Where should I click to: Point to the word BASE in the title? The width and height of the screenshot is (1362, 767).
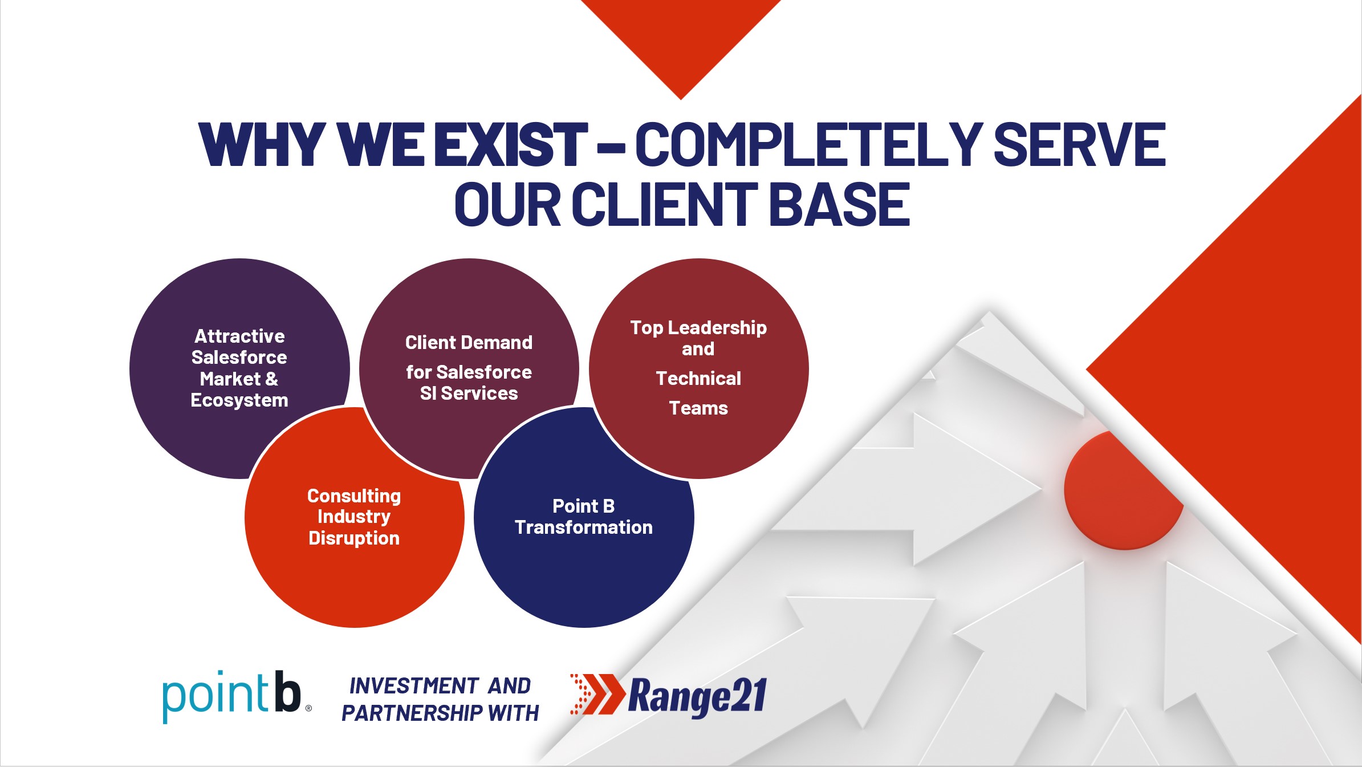[x=839, y=204]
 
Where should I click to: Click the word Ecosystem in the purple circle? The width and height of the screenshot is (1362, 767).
[x=239, y=400]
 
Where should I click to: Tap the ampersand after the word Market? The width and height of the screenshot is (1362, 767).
[x=271, y=379]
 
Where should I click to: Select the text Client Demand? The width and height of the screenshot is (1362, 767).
[x=469, y=342]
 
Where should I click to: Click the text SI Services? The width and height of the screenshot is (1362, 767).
[x=469, y=393]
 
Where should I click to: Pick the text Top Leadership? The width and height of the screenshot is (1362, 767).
[x=698, y=328]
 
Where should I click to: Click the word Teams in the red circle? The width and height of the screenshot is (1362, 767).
[x=698, y=408]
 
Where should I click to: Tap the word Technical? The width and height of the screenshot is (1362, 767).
[x=698, y=378]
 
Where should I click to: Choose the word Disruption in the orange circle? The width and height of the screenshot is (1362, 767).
[x=354, y=538]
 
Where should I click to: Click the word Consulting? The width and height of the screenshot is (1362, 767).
[x=354, y=496]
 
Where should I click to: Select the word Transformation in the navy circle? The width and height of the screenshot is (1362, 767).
[x=584, y=527]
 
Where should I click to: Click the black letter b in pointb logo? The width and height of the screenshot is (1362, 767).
[x=287, y=691]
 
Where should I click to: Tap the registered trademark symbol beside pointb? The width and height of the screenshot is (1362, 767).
[x=308, y=708]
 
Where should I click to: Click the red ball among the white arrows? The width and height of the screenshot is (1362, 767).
[x=1123, y=490]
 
